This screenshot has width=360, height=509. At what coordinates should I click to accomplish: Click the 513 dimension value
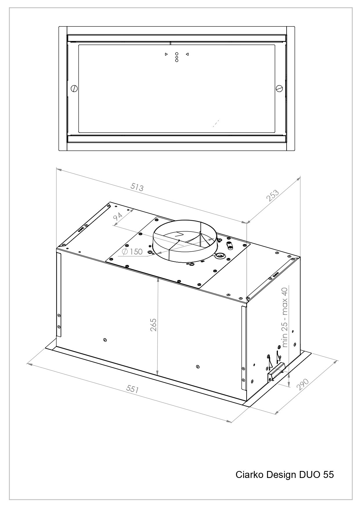click(x=137, y=187)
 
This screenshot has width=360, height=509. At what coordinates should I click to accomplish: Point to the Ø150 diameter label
click(x=132, y=252)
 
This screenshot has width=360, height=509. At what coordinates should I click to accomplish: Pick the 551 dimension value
click(x=133, y=389)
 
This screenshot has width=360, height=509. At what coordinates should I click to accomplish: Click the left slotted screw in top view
click(x=74, y=88)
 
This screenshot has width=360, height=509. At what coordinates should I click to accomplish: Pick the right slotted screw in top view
click(x=279, y=88)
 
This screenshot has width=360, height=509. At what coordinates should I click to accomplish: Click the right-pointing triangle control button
click(x=166, y=54)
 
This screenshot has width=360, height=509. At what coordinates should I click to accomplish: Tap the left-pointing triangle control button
click(x=187, y=54)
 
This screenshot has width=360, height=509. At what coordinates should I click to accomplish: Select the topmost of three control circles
click(x=177, y=54)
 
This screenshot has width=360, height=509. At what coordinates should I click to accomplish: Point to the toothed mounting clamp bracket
click(x=277, y=373)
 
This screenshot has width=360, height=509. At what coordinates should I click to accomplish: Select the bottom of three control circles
click(x=177, y=60)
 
